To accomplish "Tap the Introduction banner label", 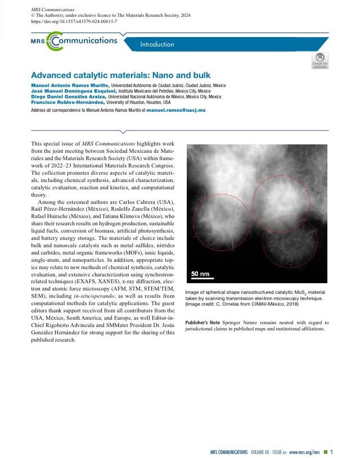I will (157, 44).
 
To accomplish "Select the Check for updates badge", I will (320, 60).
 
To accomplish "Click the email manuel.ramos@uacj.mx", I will (175, 110).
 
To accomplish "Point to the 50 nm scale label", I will (200, 274).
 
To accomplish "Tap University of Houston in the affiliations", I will (127, 102).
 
